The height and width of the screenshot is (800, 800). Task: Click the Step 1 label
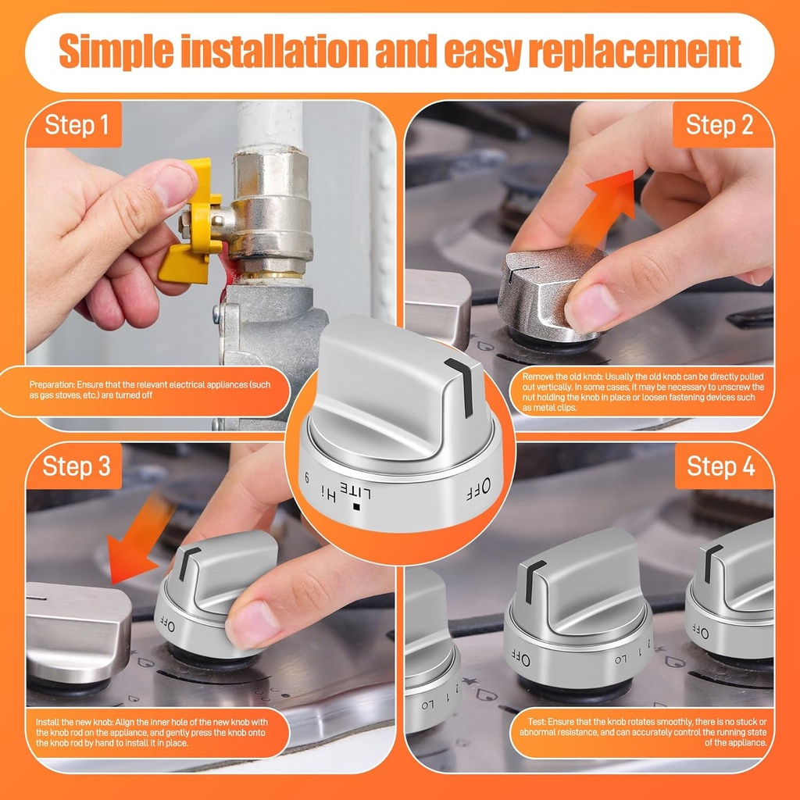pyautogui.click(x=77, y=125)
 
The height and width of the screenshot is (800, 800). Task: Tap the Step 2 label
pyautogui.click(x=720, y=125)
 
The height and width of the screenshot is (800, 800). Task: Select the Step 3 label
pyautogui.click(x=77, y=466)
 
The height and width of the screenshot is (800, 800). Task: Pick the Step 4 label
pyautogui.click(x=720, y=466)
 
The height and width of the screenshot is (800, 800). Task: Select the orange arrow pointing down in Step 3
pyautogui.click(x=137, y=541)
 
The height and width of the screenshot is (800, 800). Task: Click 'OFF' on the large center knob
pyautogui.click(x=479, y=489)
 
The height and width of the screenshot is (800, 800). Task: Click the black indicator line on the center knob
pyautogui.click(x=461, y=387)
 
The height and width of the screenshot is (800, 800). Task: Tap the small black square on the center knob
pyautogui.click(x=356, y=507)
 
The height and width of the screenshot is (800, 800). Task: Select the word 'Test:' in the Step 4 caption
pyautogui.click(x=537, y=722)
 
